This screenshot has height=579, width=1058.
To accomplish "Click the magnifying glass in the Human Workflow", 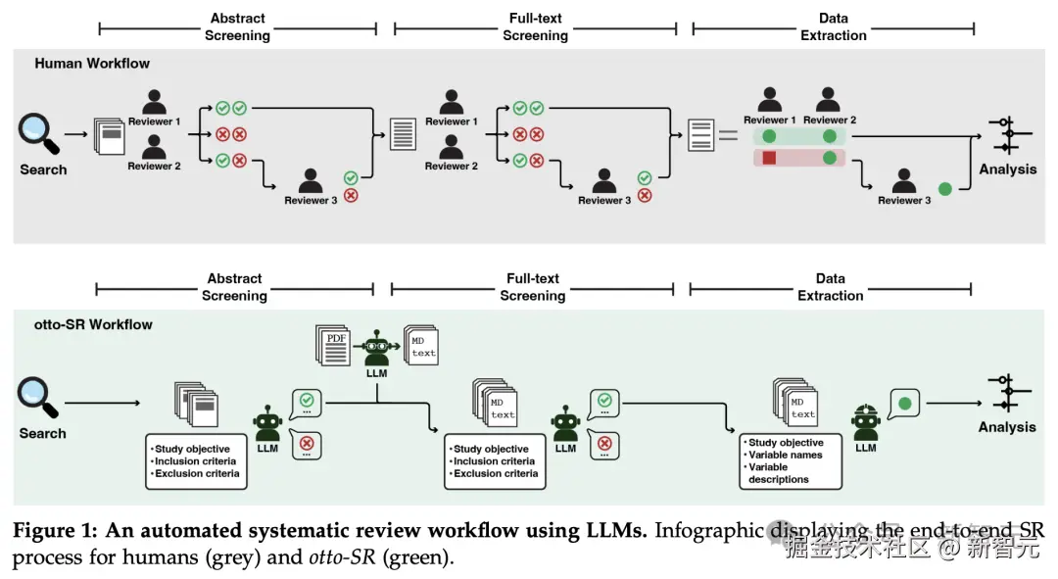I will [37, 132].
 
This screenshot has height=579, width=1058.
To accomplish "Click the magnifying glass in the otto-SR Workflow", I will [37, 396].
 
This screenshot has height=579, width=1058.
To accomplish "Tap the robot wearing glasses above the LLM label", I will [378, 347].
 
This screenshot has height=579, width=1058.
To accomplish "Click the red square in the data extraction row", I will [769, 158].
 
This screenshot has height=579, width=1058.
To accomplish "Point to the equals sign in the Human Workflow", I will [728, 135].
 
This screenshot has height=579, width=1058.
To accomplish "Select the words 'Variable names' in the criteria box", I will [785, 455].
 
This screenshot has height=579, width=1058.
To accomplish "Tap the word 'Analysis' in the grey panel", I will [1007, 169].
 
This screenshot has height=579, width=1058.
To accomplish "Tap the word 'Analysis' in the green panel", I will [1007, 426].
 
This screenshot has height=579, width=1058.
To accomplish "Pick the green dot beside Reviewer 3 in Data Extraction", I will [944, 187].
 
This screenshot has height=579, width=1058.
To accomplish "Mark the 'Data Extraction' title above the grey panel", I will [833, 26].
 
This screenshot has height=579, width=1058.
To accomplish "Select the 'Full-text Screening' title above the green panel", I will [533, 287].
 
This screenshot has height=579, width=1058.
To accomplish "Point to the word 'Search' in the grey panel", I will [43, 169].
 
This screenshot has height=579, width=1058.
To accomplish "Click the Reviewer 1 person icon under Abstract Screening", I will [155, 102].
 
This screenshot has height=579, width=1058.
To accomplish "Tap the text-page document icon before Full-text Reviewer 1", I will [403, 133].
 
